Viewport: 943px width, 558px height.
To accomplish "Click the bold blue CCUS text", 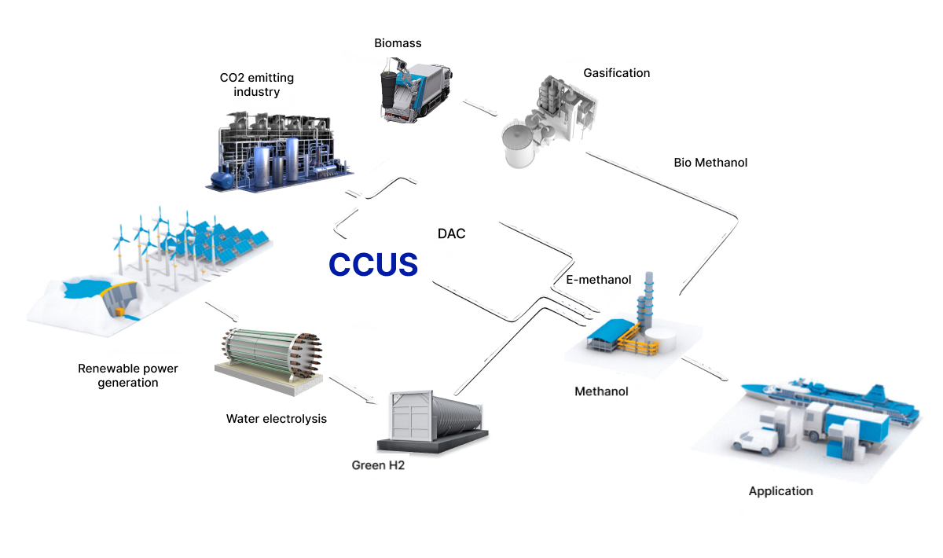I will (x=372, y=265).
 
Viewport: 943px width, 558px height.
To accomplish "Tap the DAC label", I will (x=451, y=233).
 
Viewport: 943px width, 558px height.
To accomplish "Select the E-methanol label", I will (x=598, y=280).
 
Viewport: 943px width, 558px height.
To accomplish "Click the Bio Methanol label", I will (x=710, y=163).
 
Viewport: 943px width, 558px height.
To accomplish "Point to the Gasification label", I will (x=616, y=73).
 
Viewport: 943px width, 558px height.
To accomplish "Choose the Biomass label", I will (x=398, y=42).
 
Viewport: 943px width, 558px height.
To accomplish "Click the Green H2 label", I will (x=378, y=465).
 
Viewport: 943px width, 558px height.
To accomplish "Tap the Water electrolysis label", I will (x=276, y=418).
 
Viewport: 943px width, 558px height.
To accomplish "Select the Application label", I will (x=780, y=491).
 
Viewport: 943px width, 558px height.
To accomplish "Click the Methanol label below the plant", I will (x=601, y=391).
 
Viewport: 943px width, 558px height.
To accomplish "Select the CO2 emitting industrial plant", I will (x=279, y=153).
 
